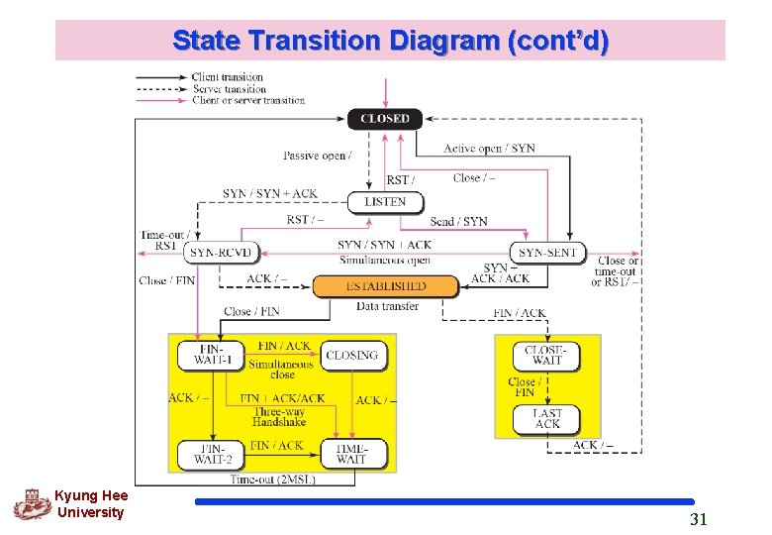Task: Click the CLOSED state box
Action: [385, 118]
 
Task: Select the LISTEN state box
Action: [385, 201]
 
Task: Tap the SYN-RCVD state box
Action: [221, 253]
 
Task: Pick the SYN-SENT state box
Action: [547, 253]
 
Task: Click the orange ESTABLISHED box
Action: [386, 286]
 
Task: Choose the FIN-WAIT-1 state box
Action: [210, 355]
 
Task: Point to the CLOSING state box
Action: [352, 356]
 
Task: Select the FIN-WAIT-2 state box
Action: [210, 454]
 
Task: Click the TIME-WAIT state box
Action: [352, 454]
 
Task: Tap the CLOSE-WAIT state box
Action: [546, 355]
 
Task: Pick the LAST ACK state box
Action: [546, 418]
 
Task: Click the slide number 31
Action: [699, 519]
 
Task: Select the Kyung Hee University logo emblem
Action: [31, 503]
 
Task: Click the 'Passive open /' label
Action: [317, 156]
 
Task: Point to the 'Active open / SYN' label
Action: [489, 149]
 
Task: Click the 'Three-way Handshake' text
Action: [280, 416]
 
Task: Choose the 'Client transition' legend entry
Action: [228, 76]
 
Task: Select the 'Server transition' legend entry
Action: [229, 88]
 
